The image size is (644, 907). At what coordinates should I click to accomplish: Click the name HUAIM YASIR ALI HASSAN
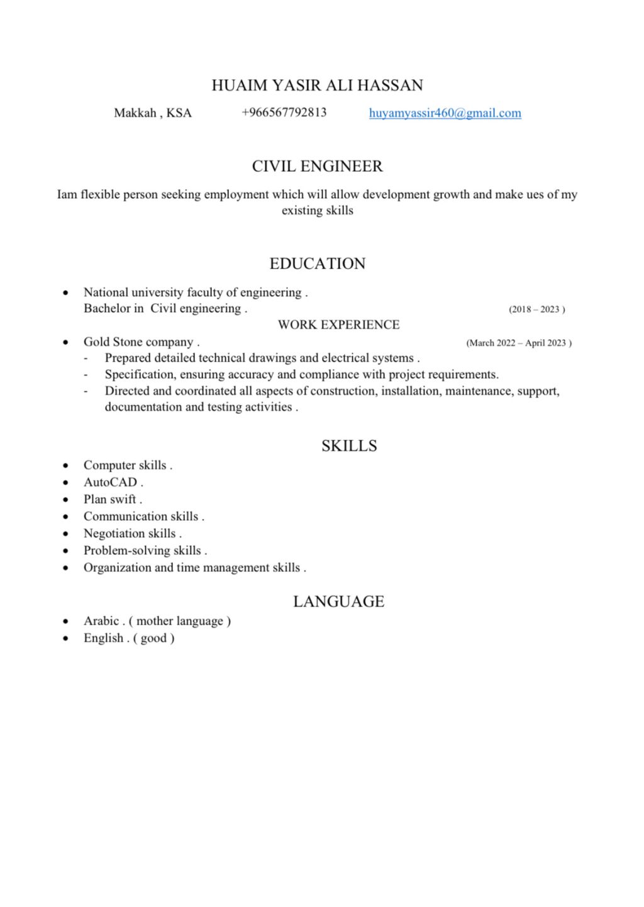pos(317,86)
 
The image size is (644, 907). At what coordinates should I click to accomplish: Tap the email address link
pos(445,113)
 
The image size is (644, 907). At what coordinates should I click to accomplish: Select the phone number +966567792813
pos(284,113)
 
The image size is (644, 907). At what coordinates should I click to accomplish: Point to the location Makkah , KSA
pos(153,113)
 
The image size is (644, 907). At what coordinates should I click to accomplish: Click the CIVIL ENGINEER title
pos(317,166)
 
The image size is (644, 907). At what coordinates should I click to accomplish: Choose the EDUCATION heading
pos(317,264)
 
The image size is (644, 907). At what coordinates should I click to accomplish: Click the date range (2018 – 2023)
pos(536,309)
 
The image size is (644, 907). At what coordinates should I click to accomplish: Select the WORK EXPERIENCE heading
pos(338,325)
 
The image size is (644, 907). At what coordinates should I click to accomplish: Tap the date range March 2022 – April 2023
pos(518,343)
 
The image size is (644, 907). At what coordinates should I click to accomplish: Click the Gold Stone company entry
pos(141,342)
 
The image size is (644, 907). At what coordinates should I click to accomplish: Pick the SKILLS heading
pos(349,446)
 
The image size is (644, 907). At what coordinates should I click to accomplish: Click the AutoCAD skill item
pos(113,482)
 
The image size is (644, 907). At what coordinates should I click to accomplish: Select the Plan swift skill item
pos(112,499)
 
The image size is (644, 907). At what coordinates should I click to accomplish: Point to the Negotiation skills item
pos(131,533)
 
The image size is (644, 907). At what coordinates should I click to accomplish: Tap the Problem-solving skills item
pos(144,550)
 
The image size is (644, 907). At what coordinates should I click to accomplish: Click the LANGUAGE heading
pos(338,602)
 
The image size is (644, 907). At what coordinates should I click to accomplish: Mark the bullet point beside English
pos(65,638)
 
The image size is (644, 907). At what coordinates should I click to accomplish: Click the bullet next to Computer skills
pos(65,465)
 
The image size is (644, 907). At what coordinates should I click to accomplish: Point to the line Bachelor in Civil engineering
pos(165,309)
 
